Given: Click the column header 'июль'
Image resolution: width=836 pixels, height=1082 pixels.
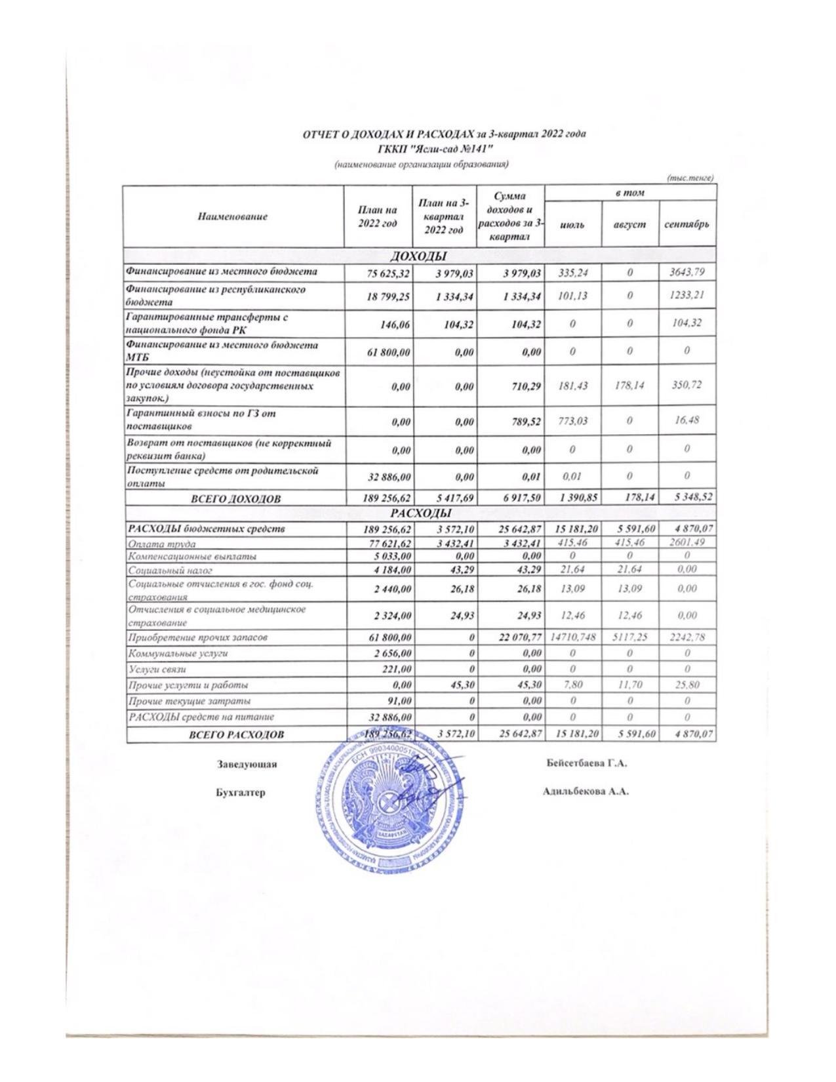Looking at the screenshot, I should pos(572,224).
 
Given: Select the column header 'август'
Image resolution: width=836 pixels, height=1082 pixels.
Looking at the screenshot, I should pos(629,224).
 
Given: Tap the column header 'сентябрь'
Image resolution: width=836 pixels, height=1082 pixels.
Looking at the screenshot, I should pos(687,224).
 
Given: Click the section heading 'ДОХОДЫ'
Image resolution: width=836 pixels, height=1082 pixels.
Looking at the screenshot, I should pos(419,256).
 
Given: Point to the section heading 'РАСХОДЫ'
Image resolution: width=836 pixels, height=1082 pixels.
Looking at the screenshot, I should pos(419,513).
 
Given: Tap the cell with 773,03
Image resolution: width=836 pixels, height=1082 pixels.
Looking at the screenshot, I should pos(572,420).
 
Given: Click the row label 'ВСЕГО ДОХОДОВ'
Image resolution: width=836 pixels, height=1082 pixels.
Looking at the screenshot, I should pos(235,499).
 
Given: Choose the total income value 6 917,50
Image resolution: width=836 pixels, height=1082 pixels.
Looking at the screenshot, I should pos(523,498).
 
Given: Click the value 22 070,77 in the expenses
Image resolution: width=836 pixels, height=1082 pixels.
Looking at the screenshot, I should pos(520,637).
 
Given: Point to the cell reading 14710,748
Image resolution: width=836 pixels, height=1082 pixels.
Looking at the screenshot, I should pos(572,637).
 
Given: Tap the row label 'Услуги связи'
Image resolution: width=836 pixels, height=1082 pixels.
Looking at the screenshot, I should pos(157,670).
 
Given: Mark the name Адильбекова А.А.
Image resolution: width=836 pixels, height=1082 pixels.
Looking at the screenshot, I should pos(586,791).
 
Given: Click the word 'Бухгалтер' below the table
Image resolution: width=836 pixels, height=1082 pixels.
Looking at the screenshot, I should pos(241,793).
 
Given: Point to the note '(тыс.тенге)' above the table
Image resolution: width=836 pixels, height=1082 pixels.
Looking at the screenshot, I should pos(690,178).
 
